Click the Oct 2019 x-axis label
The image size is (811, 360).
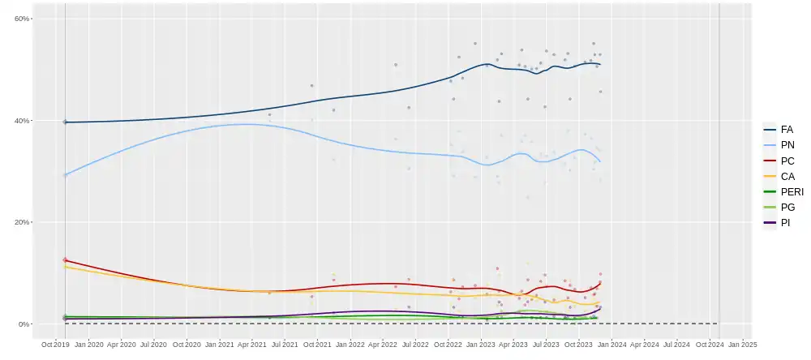(56, 345)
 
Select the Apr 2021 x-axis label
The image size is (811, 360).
(252, 345)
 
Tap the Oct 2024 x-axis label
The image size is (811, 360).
(710, 345)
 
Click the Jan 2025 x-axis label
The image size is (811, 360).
(743, 345)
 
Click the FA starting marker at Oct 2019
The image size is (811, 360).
(65, 122)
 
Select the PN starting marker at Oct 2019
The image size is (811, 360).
(65, 174)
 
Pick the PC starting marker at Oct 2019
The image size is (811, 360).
(65, 259)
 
